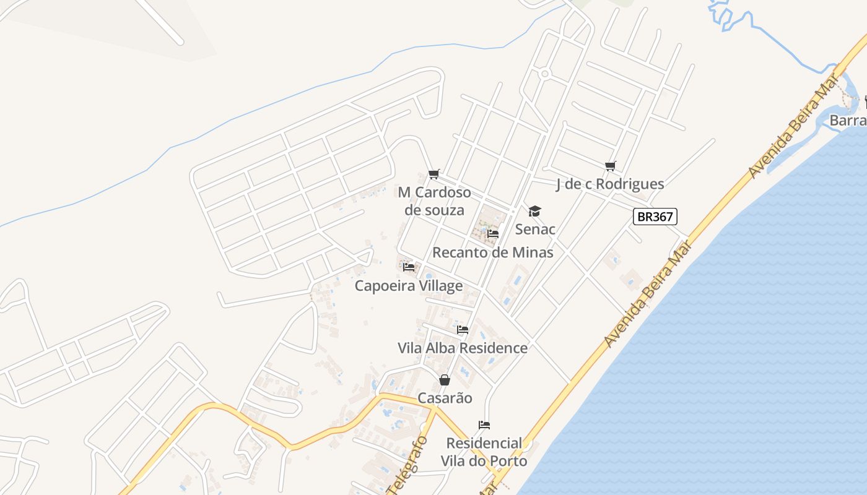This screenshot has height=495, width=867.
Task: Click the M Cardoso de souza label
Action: tap(434, 201)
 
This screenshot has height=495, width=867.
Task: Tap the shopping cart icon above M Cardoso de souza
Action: tap(434, 174)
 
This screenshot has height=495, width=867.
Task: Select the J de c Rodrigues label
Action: tap(610, 184)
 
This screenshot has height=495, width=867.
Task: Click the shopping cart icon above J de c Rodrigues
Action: tap(610, 165)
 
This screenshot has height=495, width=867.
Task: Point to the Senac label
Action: tap(535, 230)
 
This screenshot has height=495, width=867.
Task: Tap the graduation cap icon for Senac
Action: tap(534, 212)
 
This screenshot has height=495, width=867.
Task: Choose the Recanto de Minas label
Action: tap(492, 252)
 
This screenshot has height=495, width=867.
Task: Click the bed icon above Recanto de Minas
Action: tap(493, 234)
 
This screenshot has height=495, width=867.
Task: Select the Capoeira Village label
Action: tap(409, 286)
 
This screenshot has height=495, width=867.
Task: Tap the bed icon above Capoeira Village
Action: tap(409, 267)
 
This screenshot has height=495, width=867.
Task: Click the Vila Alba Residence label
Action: tap(463, 348)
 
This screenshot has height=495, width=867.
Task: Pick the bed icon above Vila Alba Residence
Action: tap(463, 330)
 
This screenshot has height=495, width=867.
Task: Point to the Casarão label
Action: tap(445, 398)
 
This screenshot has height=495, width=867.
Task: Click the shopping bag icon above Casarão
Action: tap(444, 380)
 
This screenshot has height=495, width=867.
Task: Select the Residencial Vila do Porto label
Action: tap(484, 452)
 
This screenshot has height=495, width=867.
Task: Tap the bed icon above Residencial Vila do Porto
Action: tap(484, 425)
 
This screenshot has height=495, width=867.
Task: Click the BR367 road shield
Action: tap(655, 217)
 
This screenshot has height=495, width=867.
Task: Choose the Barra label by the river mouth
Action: tap(847, 121)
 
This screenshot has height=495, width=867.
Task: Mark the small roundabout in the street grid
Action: tap(545, 74)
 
